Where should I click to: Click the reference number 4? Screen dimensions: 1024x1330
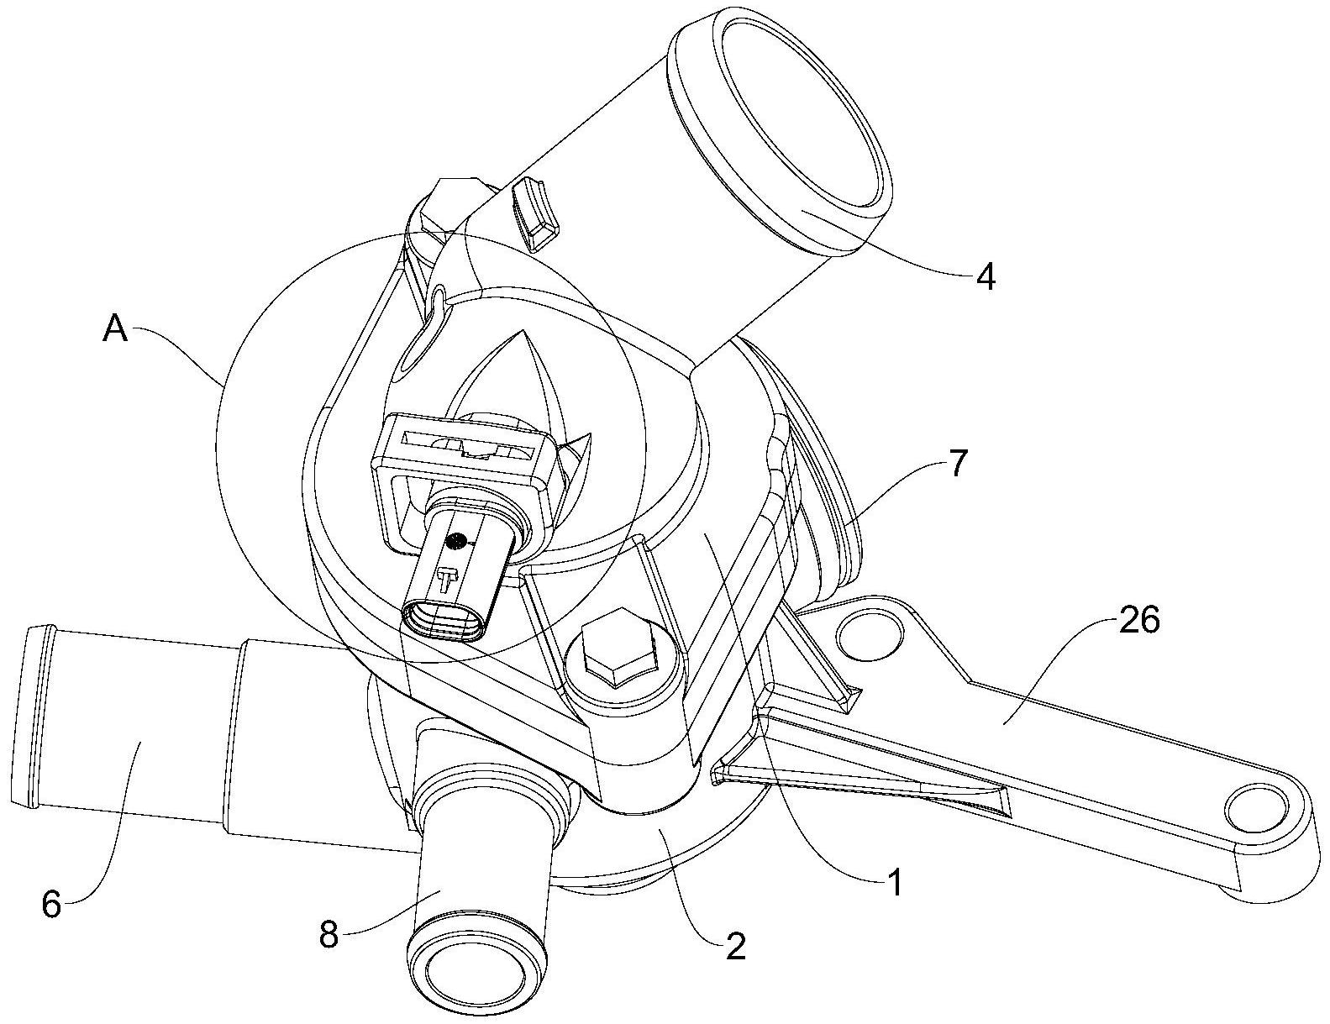tap(986, 276)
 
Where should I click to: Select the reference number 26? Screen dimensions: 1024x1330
tap(1138, 621)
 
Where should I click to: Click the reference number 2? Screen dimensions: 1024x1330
tap(735, 947)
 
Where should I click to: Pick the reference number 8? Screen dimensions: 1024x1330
tap(329, 934)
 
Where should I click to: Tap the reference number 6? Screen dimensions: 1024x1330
tap(51, 906)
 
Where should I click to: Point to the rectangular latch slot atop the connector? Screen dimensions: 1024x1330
tap(467, 446)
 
